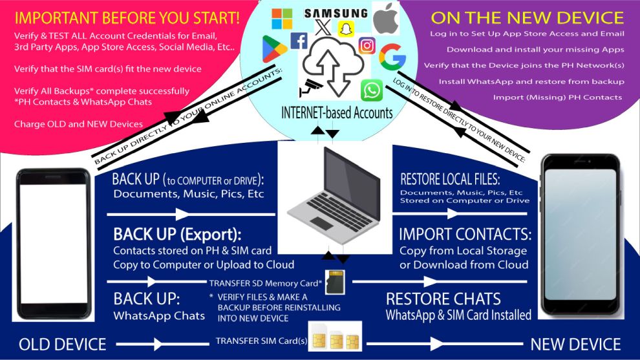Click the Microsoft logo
[x=282, y=19]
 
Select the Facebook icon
[x=299, y=41]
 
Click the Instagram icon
[x=367, y=45]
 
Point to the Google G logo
[x=392, y=57]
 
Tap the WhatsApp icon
[x=372, y=90]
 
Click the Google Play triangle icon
[x=275, y=49]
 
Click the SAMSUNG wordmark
[x=336, y=12]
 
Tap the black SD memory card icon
[x=335, y=282]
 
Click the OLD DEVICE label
[x=62, y=344]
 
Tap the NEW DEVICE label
[x=575, y=344]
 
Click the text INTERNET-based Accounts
[x=336, y=113]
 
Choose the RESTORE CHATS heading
[x=443, y=299]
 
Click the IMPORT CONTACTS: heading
[x=465, y=234]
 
